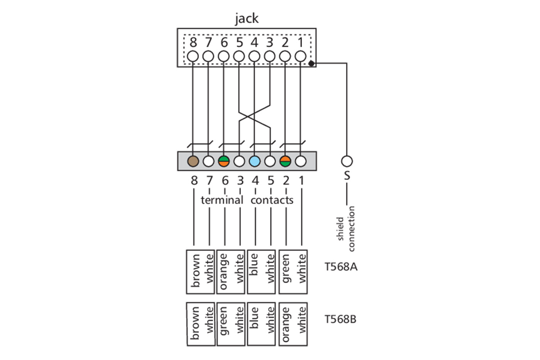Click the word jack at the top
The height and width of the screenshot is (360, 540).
pyautogui.click(x=246, y=18)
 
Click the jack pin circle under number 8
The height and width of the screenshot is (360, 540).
pyautogui.click(x=193, y=56)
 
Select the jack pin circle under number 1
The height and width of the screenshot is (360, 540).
pyautogui.click(x=300, y=56)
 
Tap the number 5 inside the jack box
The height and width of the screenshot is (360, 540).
pyautogui.click(x=239, y=42)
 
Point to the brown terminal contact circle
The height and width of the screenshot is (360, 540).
pyautogui.click(x=193, y=161)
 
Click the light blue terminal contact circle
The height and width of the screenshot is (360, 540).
pyautogui.click(x=255, y=161)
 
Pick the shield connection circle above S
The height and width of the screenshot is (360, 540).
pyautogui.click(x=347, y=161)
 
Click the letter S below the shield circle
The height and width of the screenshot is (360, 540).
pyautogui.click(x=347, y=176)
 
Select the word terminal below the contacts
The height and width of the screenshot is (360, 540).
pyautogui.click(x=222, y=200)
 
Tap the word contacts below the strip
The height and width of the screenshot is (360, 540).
pyautogui.click(x=272, y=200)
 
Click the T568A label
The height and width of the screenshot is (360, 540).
pyautogui.click(x=341, y=267)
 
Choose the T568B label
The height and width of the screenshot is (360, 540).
pyautogui.click(x=341, y=319)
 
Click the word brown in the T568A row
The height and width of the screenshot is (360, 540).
pyautogui.click(x=196, y=270)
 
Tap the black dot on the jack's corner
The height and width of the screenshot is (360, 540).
pyautogui.click(x=311, y=64)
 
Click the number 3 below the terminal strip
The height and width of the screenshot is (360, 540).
pyautogui.click(x=240, y=180)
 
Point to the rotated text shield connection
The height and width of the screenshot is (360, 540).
pyautogui.click(x=346, y=228)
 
